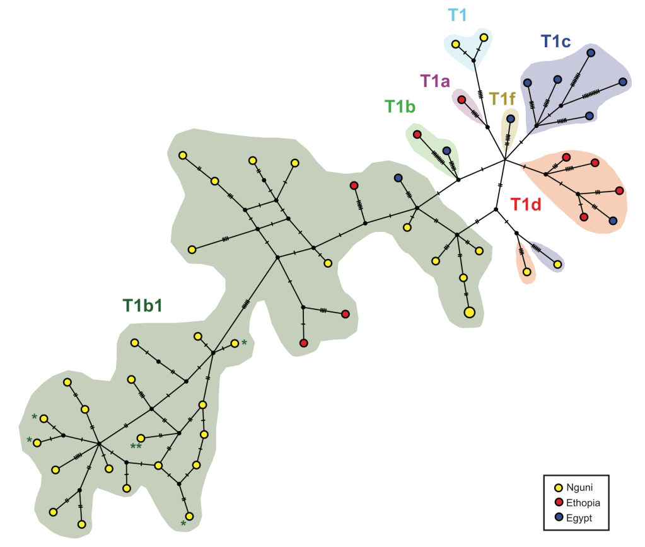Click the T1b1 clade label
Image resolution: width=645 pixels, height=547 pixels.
click(x=142, y=305)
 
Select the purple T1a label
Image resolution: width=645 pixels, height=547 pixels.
click(x=435, y=80)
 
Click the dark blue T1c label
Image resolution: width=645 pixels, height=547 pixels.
click(x=555, y=42)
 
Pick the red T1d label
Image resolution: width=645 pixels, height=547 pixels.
click(x=526, y=204)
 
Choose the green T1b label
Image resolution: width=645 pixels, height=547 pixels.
click(x=400, y=107)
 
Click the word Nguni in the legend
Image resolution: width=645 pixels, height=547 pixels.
click(x=579, y=487)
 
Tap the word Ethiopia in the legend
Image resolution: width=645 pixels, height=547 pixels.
click(x=583, y=502)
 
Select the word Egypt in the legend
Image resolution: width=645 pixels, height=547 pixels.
click(x=579, y=517)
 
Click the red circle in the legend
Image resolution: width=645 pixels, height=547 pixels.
click(x=557, y=502)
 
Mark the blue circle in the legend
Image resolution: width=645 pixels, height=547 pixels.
click(x=557, y=517)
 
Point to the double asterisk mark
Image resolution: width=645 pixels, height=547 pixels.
click(x=136, y=447)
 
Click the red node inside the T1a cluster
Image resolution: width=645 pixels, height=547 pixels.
click(x=462, y=100)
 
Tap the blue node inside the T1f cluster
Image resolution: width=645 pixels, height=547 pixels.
click(x=510, y=118)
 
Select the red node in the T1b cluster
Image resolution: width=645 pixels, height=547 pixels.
click(x=417, y=134)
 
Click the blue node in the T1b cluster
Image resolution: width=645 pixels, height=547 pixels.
click(x=446, y=151)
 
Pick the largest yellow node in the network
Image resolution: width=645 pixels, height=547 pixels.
click(x=469, y=312)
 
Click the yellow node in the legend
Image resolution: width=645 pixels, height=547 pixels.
click(x=557, y=487)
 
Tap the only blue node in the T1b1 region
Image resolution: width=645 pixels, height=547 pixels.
click(x=398, y=178)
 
